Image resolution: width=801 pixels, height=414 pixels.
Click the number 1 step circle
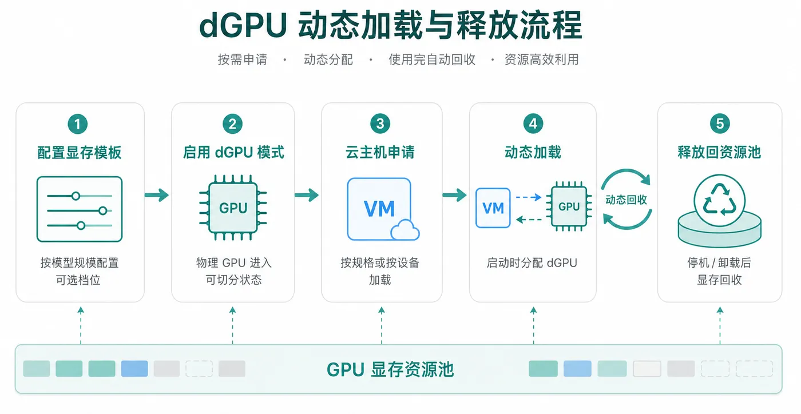(78, 124)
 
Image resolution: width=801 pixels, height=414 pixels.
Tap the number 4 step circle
(533, 124)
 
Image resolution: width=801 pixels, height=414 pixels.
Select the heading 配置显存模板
(80, 153)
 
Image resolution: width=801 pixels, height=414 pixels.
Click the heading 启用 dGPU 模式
(233, 152)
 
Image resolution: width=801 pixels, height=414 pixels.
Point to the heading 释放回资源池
(719, 152)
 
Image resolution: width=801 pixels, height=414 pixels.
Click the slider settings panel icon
(80, 209)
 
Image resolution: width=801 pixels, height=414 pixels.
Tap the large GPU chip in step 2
(233, 208)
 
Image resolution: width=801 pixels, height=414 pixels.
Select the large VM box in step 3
(379, 209)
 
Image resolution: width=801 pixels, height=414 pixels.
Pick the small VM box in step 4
(493, 208)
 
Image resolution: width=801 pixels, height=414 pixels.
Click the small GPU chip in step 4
(569, 206)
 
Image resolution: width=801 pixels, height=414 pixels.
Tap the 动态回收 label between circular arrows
(626, 200)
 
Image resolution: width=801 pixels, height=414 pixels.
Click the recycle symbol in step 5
(720, 200)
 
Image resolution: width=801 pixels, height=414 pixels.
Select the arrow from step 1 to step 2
(157, 195)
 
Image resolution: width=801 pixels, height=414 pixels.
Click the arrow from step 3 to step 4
(454, 195)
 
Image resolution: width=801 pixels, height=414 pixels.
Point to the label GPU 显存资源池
(390, 369)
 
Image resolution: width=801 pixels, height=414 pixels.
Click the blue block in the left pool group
(134, 369)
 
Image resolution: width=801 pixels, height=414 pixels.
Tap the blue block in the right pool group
(577, 369)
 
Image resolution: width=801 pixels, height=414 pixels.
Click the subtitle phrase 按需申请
(243, 59)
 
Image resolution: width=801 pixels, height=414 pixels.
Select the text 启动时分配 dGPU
(532, 263)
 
